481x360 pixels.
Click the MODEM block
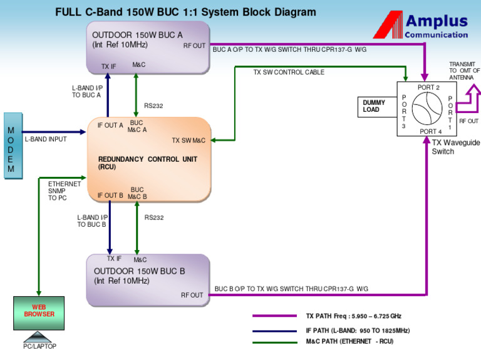point(13,146)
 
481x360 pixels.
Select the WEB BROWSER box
point(39,312)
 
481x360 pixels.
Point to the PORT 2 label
point(428,87)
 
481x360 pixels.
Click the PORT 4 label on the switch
point(430,132)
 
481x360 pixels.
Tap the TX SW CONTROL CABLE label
point(289,72)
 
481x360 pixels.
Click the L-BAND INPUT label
point(46,139)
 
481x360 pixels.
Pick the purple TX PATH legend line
point(274,316)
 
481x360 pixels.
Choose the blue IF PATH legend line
point(274,330)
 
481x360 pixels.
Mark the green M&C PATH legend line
point(274,342)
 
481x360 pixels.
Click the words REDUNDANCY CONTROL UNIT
point(148,159)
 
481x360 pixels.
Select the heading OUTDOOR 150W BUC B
point(139,271)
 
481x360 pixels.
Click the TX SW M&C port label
point(189,140)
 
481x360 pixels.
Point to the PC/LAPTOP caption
point(39,346)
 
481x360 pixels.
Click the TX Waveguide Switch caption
point(455,147)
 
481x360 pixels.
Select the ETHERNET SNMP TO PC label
point(65,191)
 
